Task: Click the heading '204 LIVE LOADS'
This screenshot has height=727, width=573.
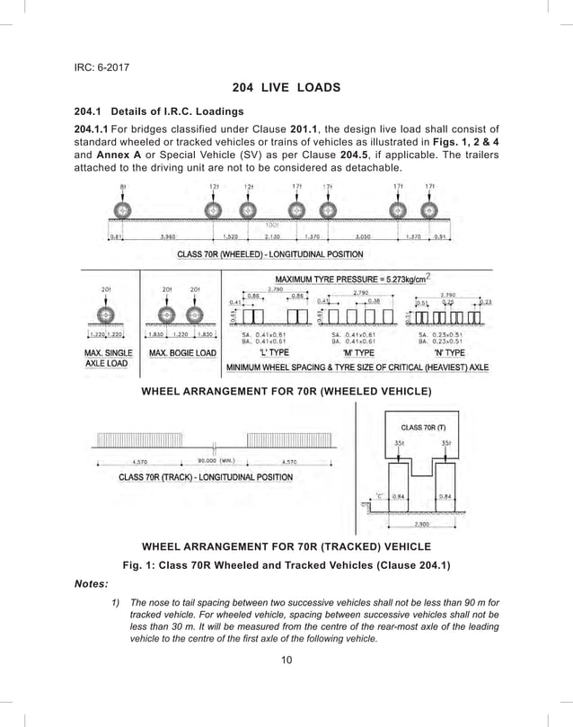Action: tap(286, 87)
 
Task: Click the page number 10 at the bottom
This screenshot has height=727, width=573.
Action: tap(286, 661)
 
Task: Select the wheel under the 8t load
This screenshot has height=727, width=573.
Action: tap(123, 210)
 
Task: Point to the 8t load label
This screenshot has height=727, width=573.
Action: tap(122, 187)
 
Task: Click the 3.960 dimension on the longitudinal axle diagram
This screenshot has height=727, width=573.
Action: tap(167, 237)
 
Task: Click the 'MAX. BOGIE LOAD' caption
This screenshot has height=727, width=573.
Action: tap(181, 353)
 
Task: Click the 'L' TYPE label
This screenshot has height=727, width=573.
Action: tap(273, 352)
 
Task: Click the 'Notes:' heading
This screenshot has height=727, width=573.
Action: tap(91, 583)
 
